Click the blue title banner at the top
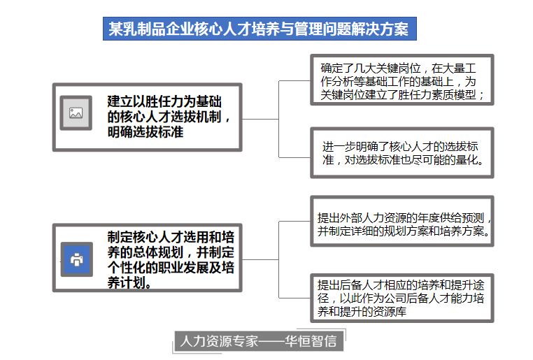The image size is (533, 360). click(260, 29)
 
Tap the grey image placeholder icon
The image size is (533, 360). click(76, 113)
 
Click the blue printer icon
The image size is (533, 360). click(77, 259)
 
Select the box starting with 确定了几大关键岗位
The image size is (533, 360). click(402, 80)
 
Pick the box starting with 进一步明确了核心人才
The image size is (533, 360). click(402, 153)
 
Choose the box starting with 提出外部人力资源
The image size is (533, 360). click(402, 221)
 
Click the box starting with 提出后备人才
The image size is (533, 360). click(402, 298)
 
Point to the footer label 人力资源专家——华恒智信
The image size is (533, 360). click(259, 341)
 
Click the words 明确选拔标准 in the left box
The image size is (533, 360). click(145, 132)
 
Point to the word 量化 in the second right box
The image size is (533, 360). click(467, 159)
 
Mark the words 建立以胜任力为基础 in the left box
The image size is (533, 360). click(164, 101)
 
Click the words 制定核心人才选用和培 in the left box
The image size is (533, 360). click(171, 237)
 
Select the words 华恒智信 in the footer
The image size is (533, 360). click(311, 341)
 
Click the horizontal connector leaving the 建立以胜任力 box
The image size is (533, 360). click(260, 120)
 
